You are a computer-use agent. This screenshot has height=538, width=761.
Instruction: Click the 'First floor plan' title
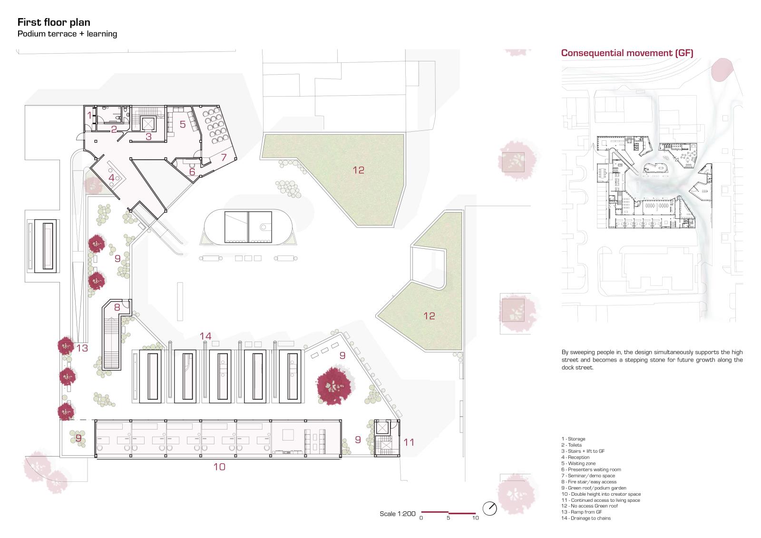pos(54,22)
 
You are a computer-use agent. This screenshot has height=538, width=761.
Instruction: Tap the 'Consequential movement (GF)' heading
pos(627,53)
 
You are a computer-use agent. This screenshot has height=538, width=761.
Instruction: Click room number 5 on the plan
pos(183,124)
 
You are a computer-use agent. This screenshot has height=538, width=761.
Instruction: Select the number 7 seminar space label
pos(224,157)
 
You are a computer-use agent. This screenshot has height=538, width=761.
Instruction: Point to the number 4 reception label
pos(111,177)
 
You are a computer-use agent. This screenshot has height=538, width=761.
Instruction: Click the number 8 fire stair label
pos(117,307)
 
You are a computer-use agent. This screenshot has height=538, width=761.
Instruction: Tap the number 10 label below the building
pos(219,467)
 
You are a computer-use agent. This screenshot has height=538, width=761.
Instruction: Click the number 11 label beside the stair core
pos(409,442)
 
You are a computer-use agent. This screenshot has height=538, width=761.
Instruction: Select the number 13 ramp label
pos(82,348)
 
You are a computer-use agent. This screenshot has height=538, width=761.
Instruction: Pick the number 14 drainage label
pos(205,336)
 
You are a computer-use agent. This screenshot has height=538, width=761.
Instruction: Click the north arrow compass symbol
pos(489,509)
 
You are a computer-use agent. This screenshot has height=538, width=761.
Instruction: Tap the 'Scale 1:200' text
pos(398,514)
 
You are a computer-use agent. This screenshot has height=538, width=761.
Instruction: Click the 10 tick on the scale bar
pos(475,518)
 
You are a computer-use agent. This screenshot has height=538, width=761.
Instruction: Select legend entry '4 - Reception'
pos(575,457)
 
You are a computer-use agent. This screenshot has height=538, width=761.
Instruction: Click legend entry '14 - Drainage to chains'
pos(586,518)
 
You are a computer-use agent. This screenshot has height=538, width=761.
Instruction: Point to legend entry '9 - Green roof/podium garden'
pos(594,488)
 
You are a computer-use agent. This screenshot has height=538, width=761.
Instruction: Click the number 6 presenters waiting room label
pos(192,172)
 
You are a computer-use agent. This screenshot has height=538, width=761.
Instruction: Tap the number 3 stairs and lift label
pos(148,137)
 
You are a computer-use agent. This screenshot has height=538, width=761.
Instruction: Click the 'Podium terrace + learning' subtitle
pos(67,34)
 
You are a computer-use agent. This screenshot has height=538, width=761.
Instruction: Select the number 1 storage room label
pos(89,116)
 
